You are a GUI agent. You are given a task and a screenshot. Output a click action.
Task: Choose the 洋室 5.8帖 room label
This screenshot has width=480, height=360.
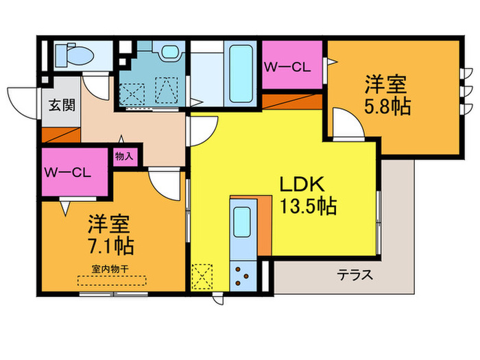[386, 96]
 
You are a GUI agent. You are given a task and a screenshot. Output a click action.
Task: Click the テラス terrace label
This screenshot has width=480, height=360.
[355, 276]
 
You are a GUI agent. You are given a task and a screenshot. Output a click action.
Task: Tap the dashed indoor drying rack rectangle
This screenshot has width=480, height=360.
[112, 281]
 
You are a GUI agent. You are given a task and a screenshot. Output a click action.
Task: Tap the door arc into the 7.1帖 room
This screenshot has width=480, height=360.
[165, 184]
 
